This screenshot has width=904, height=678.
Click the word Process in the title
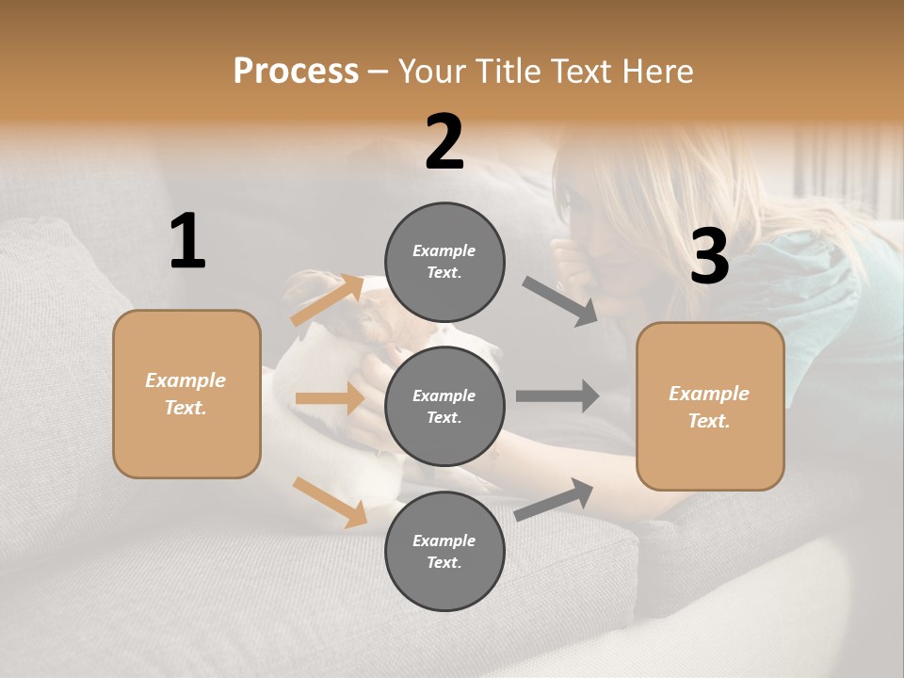point(296,72)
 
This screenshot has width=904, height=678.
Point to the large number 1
point(187,242)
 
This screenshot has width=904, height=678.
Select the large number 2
point(444,142)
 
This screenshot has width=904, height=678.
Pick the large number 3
point(709,257)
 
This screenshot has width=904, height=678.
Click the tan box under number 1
point(186,394)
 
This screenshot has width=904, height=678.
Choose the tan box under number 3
point(710,406)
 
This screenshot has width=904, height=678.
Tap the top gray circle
point(444,262)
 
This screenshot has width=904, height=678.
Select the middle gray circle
point(444,406)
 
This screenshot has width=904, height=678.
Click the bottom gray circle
point(444,551)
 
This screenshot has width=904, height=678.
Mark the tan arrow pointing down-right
point(330,502)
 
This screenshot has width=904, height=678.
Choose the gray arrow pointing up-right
point(554,500)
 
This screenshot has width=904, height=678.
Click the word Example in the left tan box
point(186,380)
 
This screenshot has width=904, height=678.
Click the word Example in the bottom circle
point(444,541)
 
